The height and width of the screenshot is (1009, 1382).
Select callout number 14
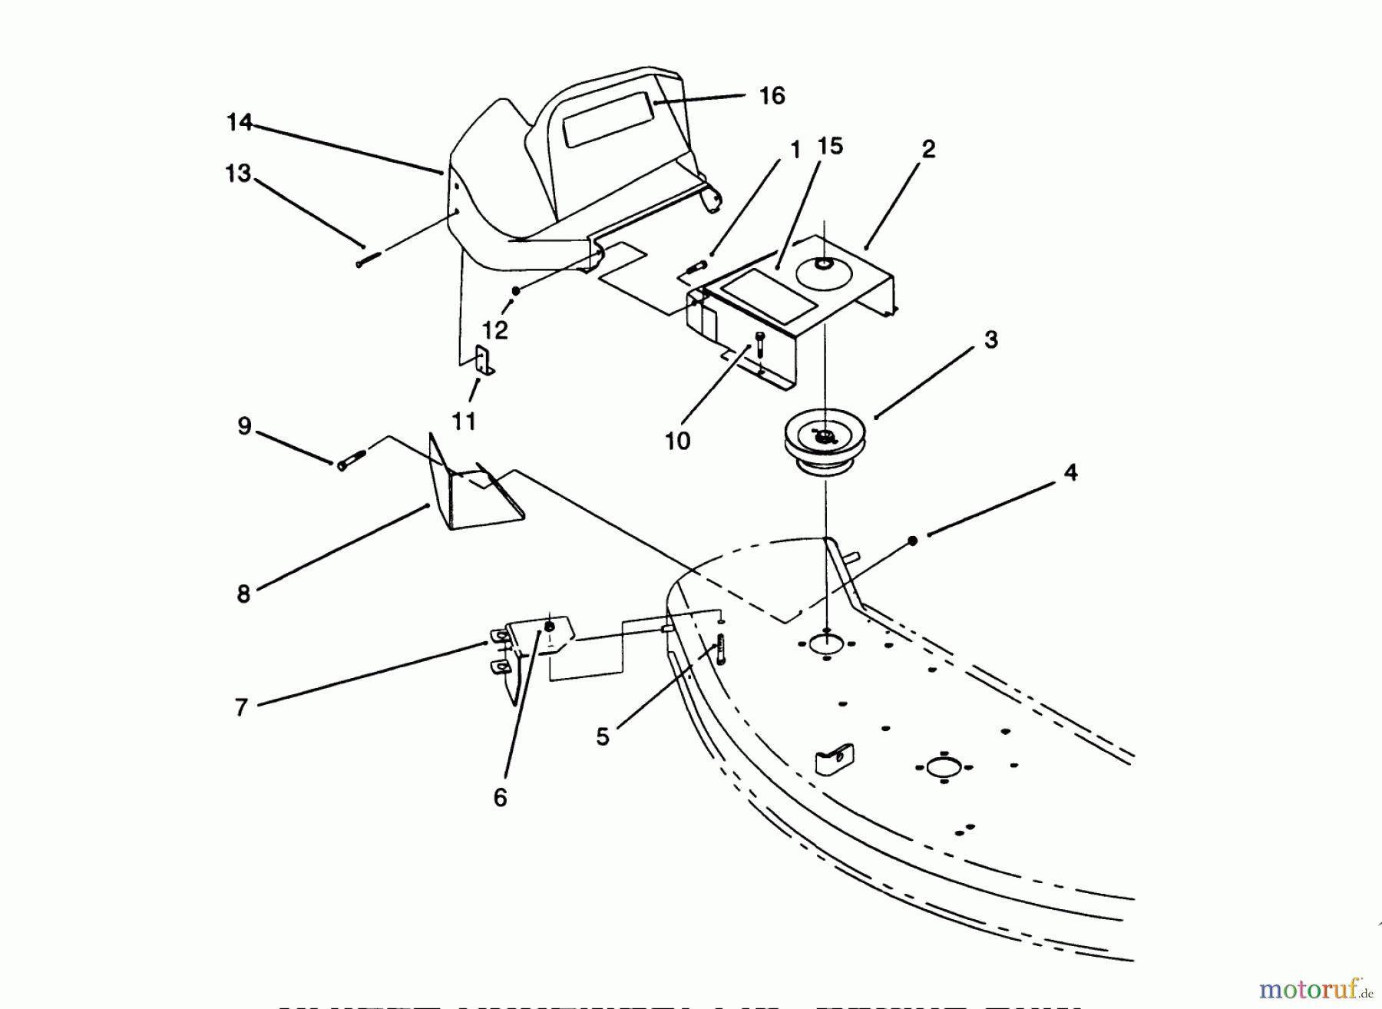click(240, 122)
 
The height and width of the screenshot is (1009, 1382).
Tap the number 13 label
click(238, 174)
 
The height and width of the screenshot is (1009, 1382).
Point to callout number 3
click(990, 339)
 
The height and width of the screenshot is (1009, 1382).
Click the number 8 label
click(243, 594)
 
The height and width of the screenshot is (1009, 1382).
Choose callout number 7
click(241, 707)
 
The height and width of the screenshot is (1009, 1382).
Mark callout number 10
click(678, 441)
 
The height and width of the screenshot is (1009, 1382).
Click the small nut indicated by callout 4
click(913, 541)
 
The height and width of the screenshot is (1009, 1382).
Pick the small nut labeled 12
click(517, 290)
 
